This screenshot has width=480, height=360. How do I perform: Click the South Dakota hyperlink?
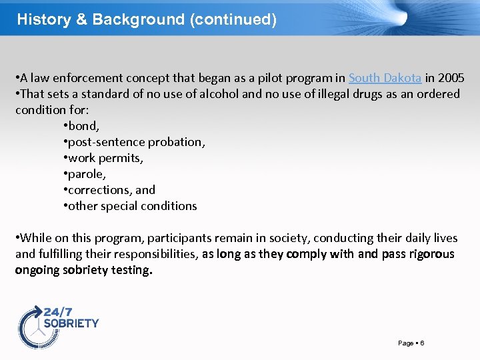385,78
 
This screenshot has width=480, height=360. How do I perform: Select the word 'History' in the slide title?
44,19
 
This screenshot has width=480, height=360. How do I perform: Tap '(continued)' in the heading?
233,19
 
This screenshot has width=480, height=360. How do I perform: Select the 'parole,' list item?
86,174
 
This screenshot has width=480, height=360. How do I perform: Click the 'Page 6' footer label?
411,343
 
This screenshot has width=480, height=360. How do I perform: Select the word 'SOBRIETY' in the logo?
71,323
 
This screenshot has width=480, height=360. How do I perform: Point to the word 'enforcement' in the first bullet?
73,78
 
